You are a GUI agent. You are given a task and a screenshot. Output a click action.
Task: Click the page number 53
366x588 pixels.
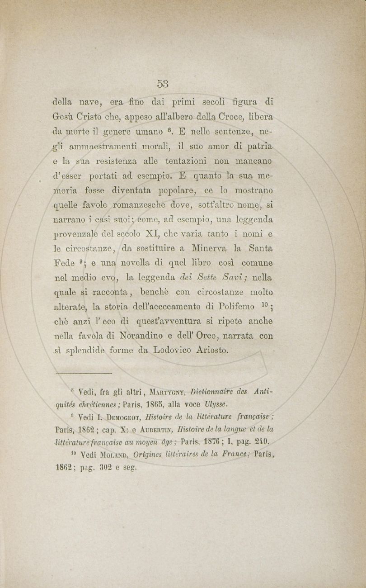coord(163,83)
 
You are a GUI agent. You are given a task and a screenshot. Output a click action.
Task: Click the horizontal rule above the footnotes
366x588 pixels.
coord(83,373)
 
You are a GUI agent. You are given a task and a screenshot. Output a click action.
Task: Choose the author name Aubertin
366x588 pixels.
coord(157,429)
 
